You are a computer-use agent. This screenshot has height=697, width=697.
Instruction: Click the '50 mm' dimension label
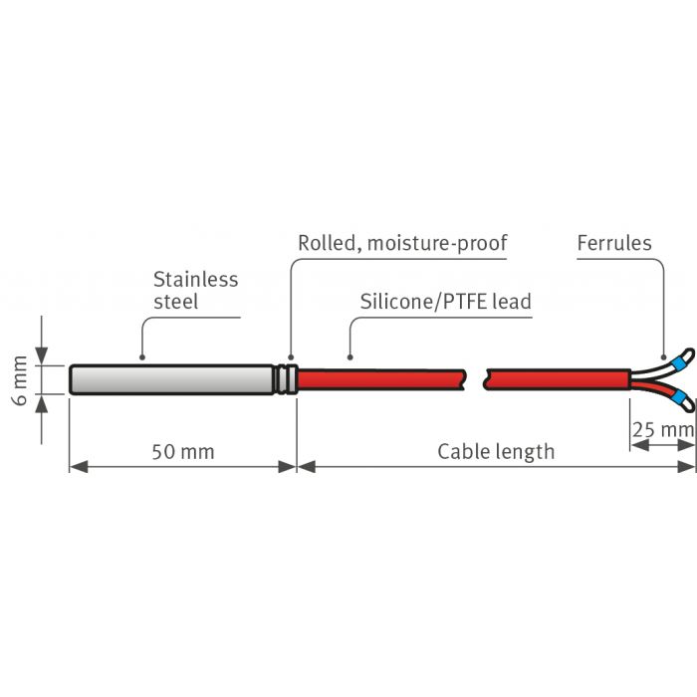(182, 452)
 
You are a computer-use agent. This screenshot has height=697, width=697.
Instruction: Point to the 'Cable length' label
(496, 452)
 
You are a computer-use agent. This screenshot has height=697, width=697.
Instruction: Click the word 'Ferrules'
(614, 243)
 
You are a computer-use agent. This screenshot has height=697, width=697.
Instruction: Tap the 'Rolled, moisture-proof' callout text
(402, 243)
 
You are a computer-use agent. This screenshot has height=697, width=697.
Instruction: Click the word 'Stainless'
(196, 279)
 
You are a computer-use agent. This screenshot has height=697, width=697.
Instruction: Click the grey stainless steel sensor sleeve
(169, 379)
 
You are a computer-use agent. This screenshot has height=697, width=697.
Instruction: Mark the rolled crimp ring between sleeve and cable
(287, 379)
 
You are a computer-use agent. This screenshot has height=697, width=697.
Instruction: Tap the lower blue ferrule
(680, 400)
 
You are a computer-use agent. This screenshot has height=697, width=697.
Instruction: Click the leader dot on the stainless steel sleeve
(143, 356)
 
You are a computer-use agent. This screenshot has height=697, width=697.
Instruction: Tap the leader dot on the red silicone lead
(348, 356)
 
